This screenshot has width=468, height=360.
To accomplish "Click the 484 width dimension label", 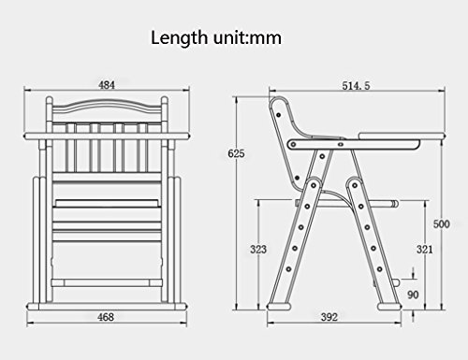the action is click(x=107, y=85).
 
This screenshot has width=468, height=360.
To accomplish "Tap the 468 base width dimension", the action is click(x=106, y=317).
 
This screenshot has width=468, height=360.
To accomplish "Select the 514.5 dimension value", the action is click(x=356, y=85).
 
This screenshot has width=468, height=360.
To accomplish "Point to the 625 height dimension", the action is click(x=236, y=153).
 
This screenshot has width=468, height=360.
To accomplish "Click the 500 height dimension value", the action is click(x=442, y=223).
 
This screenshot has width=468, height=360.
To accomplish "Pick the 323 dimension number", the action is click(x=258, y=249).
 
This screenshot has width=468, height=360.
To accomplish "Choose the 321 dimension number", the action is click(x=425, y=249).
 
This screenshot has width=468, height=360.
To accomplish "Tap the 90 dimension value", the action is click(x=413, y=295).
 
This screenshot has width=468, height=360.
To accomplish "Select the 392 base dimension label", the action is click(x=329, y=317).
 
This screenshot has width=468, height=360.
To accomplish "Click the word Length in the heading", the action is click(x=179, y=37).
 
